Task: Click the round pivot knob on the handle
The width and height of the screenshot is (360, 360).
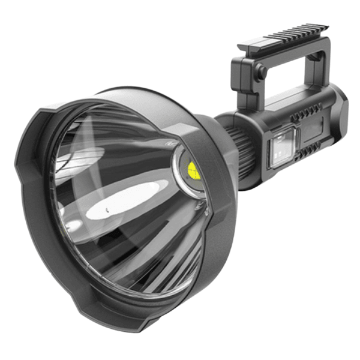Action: click(261, 71)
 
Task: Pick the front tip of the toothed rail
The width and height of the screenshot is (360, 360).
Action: click(243, 46)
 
